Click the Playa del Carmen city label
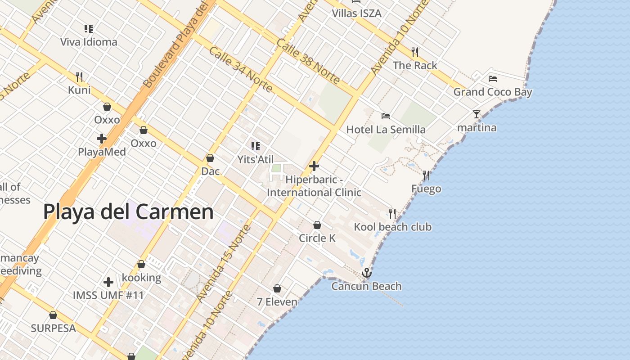[128, 212]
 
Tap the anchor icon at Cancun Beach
[367, 273]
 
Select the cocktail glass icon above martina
[477, 114]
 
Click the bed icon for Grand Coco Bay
[493, 79]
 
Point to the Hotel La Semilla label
[386, 130]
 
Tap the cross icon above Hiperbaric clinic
[314, 166]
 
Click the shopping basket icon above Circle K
[317, 225]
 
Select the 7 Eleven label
[277, 301]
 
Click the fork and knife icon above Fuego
[426, 175]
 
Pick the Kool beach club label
[392, 227]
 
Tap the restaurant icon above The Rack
[415, 52]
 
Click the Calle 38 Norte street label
[308, 61]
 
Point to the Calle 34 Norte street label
[241, 69]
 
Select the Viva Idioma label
[89, 42]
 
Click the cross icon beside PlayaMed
[102, 138]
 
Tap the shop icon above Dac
[210, 158]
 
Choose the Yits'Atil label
[256, 159]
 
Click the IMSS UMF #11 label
[108, 296]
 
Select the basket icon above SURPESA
[53, 315]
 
